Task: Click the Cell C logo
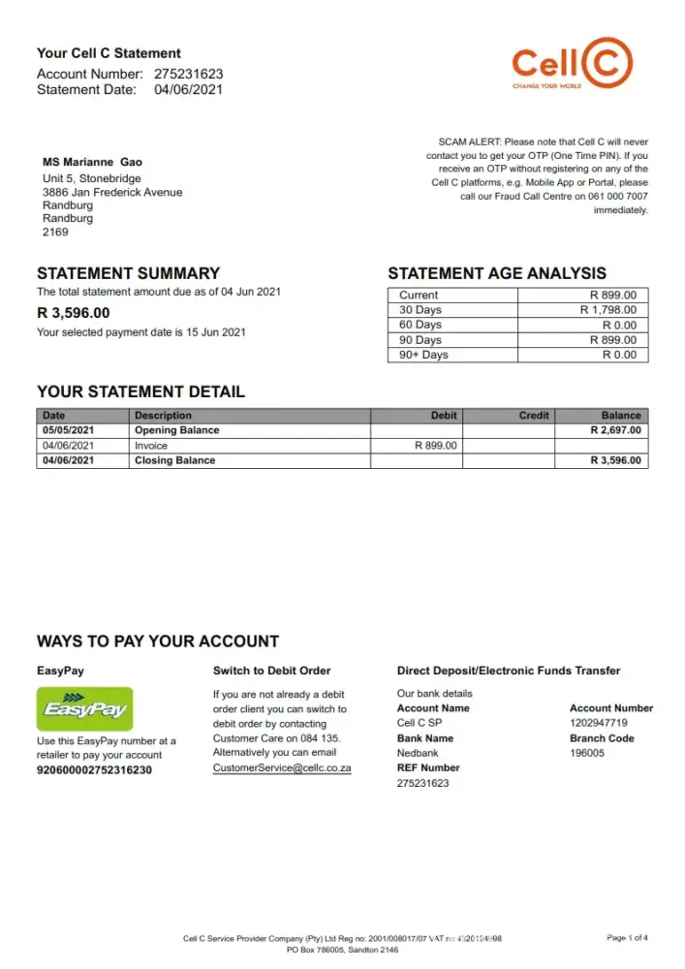click(x=573, y=63)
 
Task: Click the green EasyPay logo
click(x=84, y=709)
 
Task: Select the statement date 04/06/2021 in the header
click(x=189, y=90)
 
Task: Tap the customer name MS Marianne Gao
click(x=93, y=162)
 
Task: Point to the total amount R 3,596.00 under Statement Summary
click(x=74, y=313)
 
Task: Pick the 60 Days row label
click(x=420, y=325)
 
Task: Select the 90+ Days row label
click(x=423, y=355)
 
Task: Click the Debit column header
click(x=444, y=415)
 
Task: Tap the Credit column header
click(x=534, y=415)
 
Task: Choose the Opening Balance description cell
click(x=177, y=430)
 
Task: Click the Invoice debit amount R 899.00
click(x=435, y=446)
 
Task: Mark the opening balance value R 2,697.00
click(x=615, y=430)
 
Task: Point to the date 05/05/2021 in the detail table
click(x=69, y=430)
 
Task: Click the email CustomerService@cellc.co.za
click(x=282, y=767)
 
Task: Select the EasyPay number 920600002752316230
click(x=94, y=770)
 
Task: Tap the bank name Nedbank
click(x=419, y=753)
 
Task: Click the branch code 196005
click(x=587, y=753)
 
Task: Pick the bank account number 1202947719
click(x=598, y=723)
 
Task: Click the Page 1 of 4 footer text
click(x=627, y=938)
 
